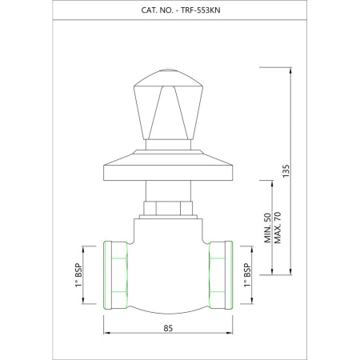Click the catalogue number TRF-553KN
(x=201, y=10)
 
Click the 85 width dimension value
(x=168, y=328)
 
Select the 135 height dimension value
(x=286, y=171)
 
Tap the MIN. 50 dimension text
(x=267, y=228)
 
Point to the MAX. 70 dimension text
(x=278, y=228)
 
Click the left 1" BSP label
(x=78, y=275)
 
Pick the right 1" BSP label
(x=247, y=275)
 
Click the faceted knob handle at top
(x=168, y=105)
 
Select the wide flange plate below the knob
(x=168, y=166)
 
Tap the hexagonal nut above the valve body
(x=168, y=208)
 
